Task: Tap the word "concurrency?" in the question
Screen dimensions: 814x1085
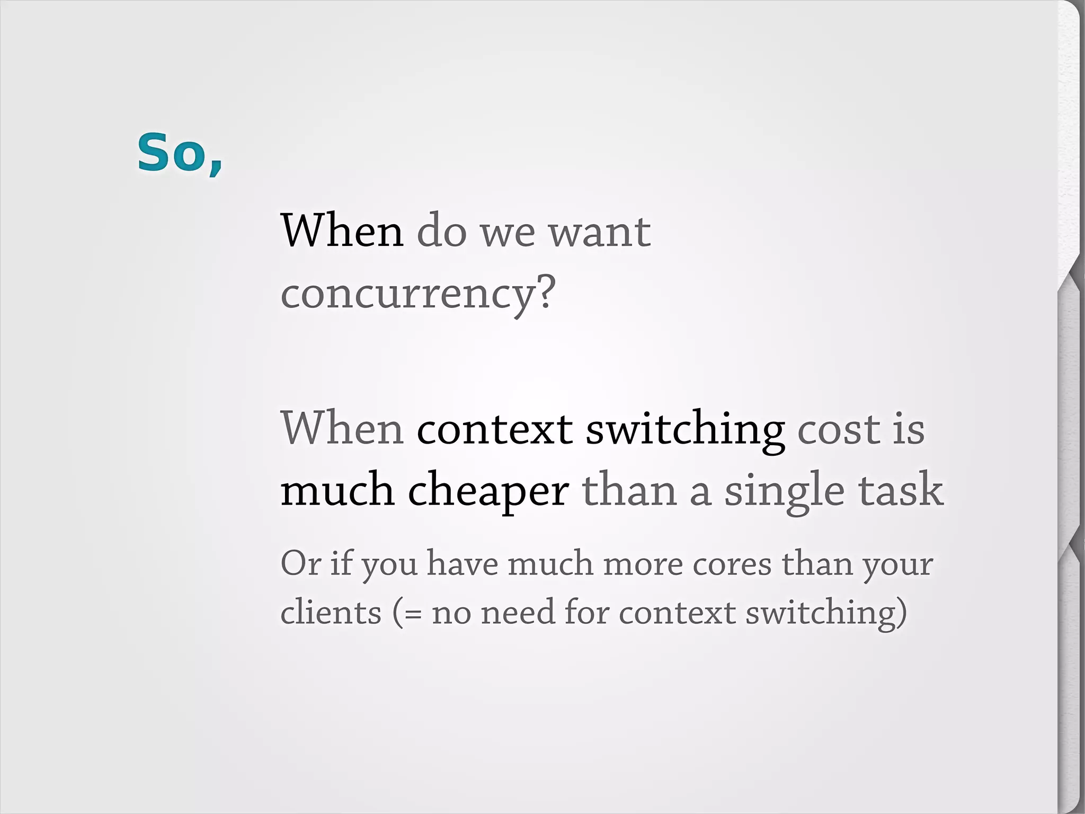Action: coord(418,293)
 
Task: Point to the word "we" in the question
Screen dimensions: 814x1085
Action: coord(508,233)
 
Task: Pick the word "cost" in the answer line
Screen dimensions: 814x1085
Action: coord(838,429)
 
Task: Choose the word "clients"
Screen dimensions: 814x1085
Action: coord(331,613)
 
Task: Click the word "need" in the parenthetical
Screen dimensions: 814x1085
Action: coord(517,613)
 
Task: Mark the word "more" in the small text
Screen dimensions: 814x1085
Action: coord(642,564)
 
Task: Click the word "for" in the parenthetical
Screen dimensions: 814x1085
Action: coord(585,613)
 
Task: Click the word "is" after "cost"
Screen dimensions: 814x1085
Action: coord(909,429)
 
